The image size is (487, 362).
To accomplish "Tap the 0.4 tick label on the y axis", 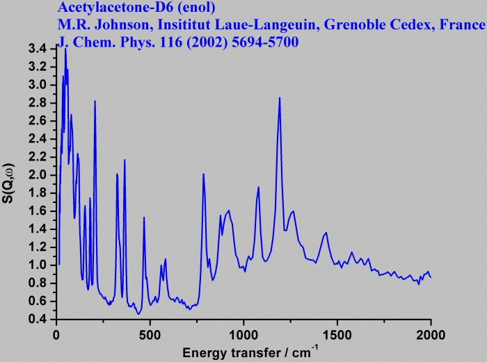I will click(38, 319).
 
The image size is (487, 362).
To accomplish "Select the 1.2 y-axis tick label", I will click(38, 247).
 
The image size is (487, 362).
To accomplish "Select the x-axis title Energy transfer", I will click(230, 352).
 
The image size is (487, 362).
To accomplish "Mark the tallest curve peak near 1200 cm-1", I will click(280, 97).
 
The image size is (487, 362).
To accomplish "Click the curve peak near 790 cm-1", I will click(203, 174).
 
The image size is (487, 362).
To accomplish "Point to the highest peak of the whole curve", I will click(65, 49).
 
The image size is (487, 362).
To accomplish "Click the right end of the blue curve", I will click(431, 277).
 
